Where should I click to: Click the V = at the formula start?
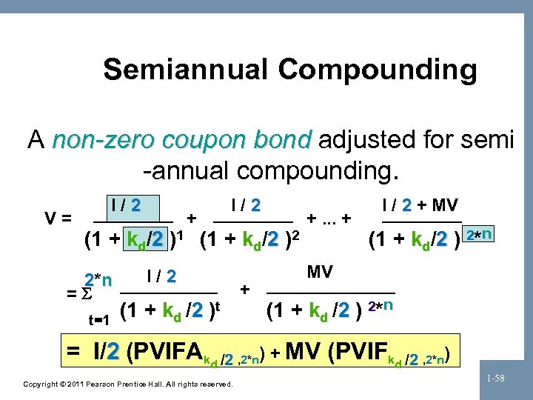point(58,219)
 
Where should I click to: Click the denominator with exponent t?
point(171,313)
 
